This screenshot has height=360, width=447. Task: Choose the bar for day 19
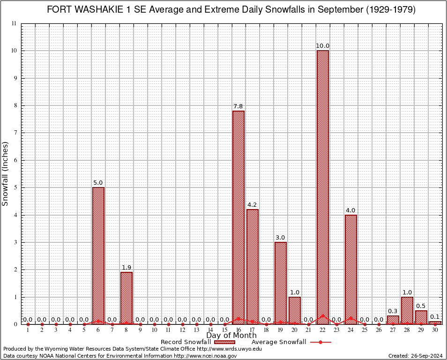coord(281,281)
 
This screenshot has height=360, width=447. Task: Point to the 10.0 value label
coord(323,46)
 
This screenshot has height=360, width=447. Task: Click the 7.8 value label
coord(238,106)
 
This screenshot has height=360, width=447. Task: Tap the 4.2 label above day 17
coord(253,205)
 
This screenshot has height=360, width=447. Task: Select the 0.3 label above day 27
coord(393,311)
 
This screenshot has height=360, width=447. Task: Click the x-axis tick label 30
coord(435,330)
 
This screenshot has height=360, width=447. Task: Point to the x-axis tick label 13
coord(196,330)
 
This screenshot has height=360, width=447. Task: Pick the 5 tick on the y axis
coord(15,187)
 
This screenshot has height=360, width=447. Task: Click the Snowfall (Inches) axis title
coord(6,174)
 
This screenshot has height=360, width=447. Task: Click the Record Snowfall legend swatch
coord(225,342)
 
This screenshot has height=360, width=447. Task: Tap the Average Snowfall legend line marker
coord(320,342)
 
